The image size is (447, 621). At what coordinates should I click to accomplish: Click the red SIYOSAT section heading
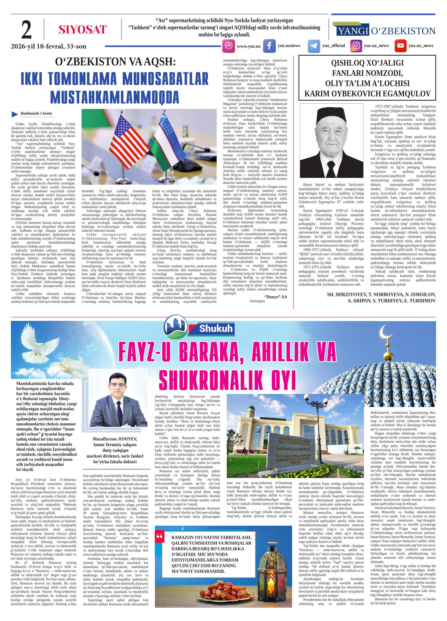point(82,30)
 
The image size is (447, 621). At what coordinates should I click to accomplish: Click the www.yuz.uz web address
point(248,46)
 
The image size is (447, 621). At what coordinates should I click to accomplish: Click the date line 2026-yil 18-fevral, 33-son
point(49,46)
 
